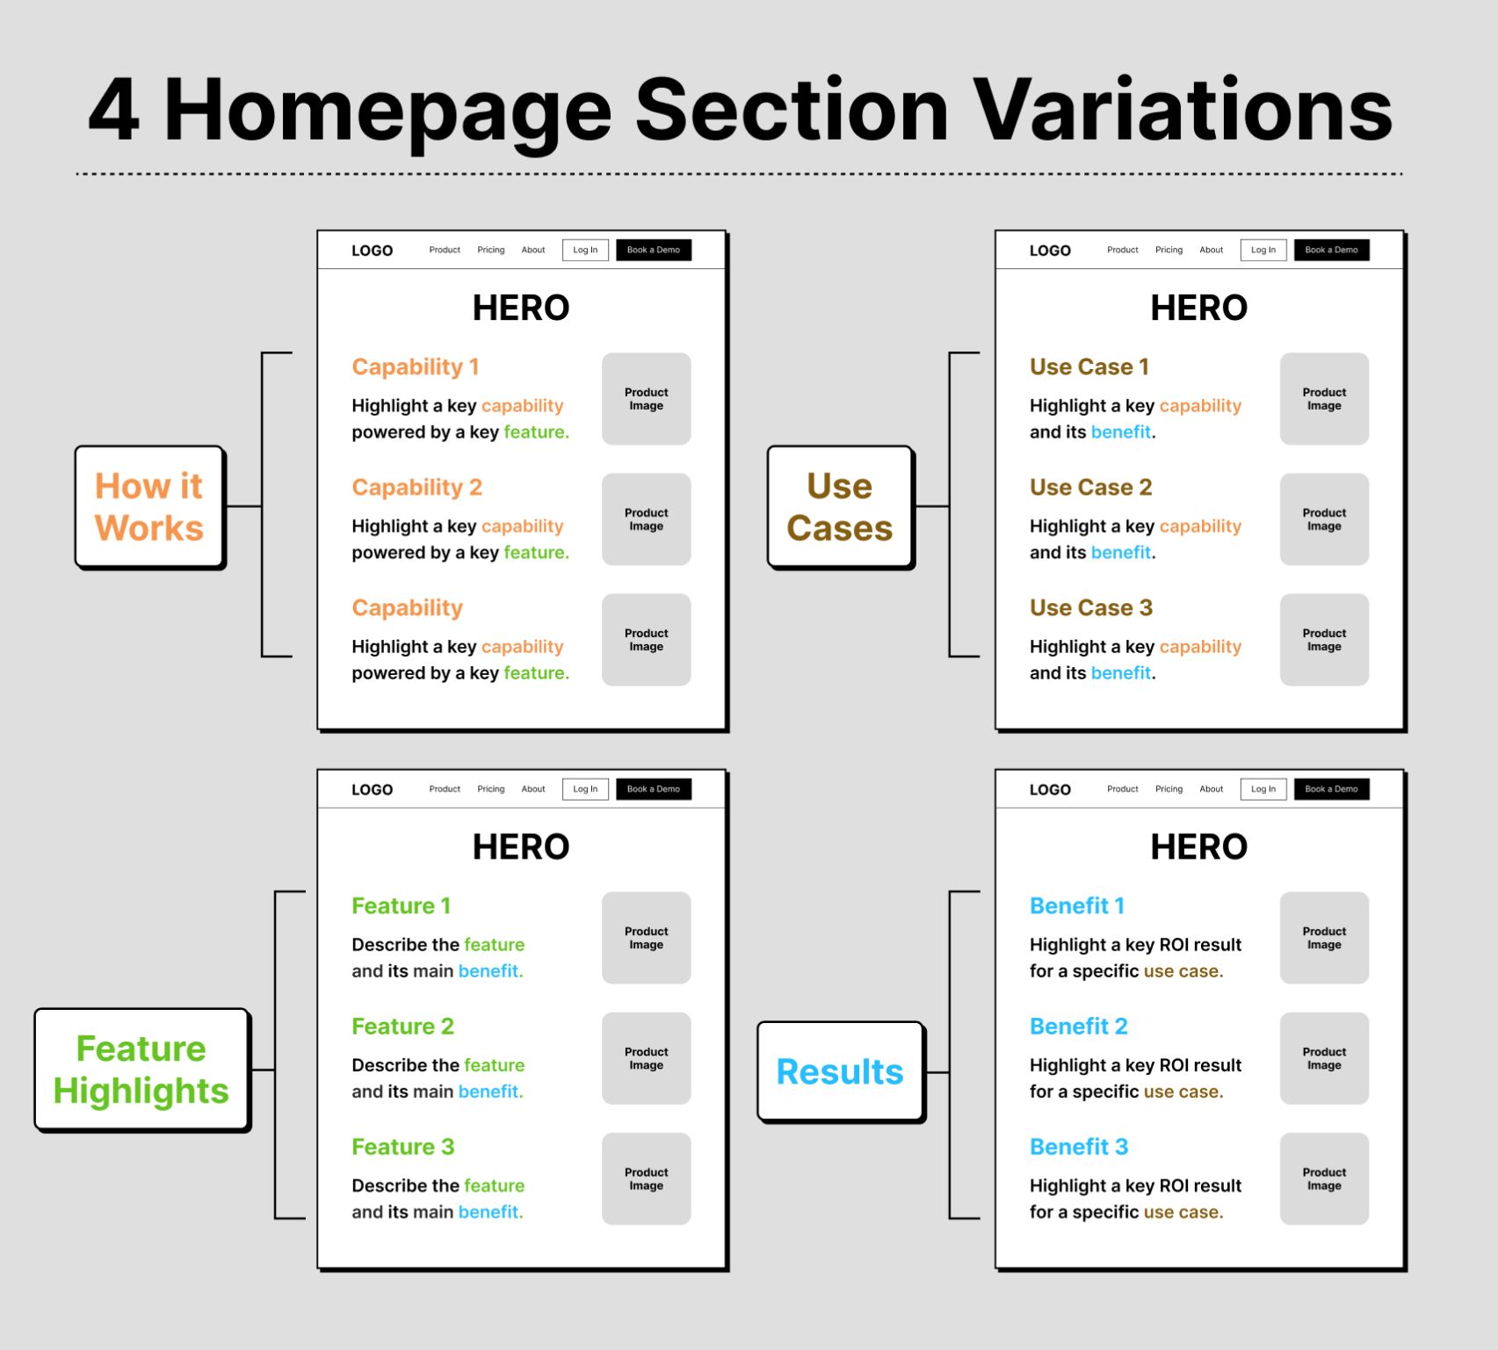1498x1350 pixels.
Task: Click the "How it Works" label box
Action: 149,507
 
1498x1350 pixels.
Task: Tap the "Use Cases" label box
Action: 840,507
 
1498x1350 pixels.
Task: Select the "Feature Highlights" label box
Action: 141,1069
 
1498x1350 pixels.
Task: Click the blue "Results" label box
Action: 840,1071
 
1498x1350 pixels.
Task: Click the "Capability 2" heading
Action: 416,487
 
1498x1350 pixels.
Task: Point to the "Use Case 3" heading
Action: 1090,607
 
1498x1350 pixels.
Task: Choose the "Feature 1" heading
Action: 401,905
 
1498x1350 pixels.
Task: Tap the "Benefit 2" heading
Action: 1078,1026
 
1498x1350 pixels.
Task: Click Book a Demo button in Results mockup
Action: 1331,789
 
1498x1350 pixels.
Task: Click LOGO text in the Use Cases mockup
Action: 1050,250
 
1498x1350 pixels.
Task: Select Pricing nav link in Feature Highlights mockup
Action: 490,789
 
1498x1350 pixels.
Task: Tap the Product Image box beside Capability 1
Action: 646,399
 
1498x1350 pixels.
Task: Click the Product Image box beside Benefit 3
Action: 1324,1179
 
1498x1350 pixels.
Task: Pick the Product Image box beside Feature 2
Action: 646,1058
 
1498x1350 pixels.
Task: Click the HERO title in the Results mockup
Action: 1198,846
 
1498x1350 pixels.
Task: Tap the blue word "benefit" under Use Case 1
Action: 1120,432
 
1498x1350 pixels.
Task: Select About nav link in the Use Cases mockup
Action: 1211,250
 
